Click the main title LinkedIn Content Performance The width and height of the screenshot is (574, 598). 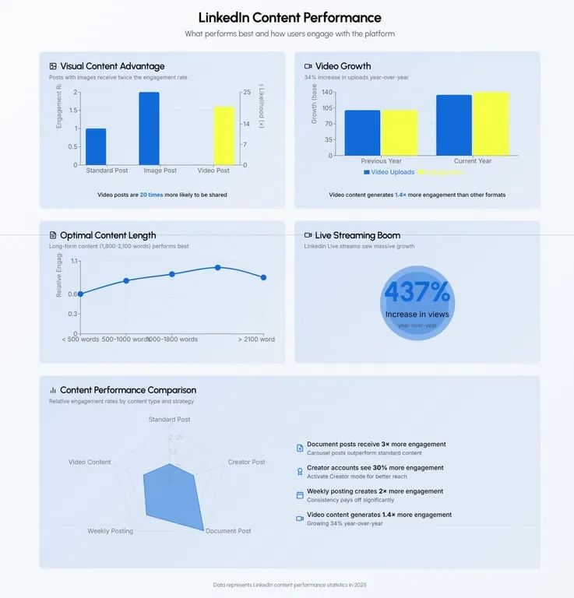point(289,17)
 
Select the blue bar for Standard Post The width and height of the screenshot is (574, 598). point(96,146)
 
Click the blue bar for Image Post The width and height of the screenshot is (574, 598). point(149,128)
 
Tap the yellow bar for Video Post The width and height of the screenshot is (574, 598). point(224,135)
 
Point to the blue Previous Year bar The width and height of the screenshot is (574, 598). point(362,132)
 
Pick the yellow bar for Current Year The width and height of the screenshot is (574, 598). point(491,124)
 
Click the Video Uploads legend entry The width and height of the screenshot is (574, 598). point(389,172)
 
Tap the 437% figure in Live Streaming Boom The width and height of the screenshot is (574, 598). point(417,292)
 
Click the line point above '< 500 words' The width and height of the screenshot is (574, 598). point(80,294)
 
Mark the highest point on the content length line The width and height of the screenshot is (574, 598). point(218,267)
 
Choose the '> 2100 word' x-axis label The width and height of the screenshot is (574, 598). point(256,339)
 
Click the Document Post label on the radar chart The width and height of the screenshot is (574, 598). point(227,531)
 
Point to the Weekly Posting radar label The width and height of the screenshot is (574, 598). point(110,531)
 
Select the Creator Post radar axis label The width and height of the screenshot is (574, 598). point(246,463)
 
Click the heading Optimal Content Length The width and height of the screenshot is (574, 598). point(107,235)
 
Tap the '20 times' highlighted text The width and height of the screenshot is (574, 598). point(151,195)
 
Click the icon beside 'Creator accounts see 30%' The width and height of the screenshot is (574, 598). point(300,471)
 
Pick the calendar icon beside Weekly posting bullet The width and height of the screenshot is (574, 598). point(300,494)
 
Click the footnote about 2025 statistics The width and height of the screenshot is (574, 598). point(289,584)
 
